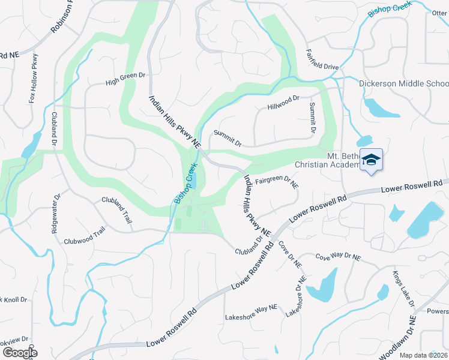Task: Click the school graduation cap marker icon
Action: point(372,160)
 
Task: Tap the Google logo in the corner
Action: point(20,353)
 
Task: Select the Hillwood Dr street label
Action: point(283,103)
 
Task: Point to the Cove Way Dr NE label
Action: point(338,256)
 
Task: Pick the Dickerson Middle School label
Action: point(403,84)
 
